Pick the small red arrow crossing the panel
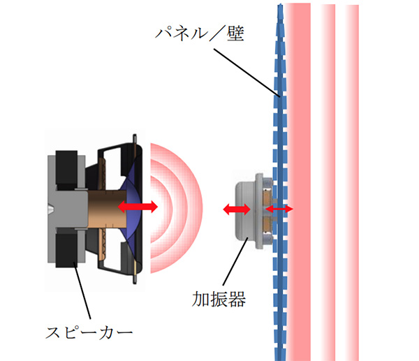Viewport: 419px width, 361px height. coord(279,209)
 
